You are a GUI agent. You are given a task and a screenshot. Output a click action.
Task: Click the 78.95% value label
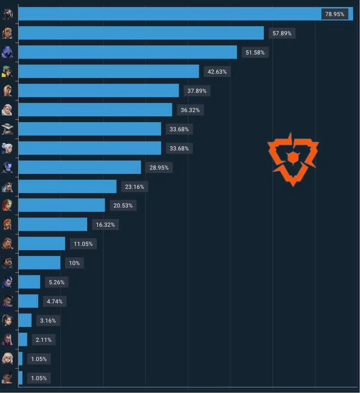(335, 14)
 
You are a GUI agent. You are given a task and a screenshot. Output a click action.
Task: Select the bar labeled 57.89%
(141, 33)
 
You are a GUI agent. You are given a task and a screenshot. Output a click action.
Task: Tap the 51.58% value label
(255, 52)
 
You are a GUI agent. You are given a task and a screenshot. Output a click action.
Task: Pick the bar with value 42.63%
(109, 71)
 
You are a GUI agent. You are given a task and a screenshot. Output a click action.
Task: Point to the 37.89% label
(197, 91)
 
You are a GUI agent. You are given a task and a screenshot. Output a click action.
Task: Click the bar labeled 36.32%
(95, 110)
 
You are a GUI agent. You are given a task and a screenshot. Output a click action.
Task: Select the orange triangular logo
(293, 160)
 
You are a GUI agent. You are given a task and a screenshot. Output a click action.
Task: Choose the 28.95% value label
(159, 168)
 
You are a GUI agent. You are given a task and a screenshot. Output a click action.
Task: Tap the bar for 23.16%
(68, 186)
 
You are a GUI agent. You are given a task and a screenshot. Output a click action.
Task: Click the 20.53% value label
(123, 206)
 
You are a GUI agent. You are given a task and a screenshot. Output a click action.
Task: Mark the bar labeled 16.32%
(53, 224)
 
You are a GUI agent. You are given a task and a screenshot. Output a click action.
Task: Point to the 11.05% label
(83, 244)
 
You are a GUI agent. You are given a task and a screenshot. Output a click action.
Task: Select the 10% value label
(74, 263)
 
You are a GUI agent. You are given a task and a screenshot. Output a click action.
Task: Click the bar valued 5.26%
(29, 282)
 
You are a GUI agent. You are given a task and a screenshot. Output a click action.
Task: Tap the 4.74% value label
(54, 301)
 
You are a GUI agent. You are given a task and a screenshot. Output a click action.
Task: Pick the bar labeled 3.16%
(25, 320)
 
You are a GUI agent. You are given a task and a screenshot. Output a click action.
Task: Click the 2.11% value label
(44, 340)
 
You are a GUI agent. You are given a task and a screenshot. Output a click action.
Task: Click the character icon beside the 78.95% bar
(7, 14)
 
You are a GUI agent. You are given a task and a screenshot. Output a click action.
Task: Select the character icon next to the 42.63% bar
(7, 72)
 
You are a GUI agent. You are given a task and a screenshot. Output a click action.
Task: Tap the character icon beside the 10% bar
(7, 263)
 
